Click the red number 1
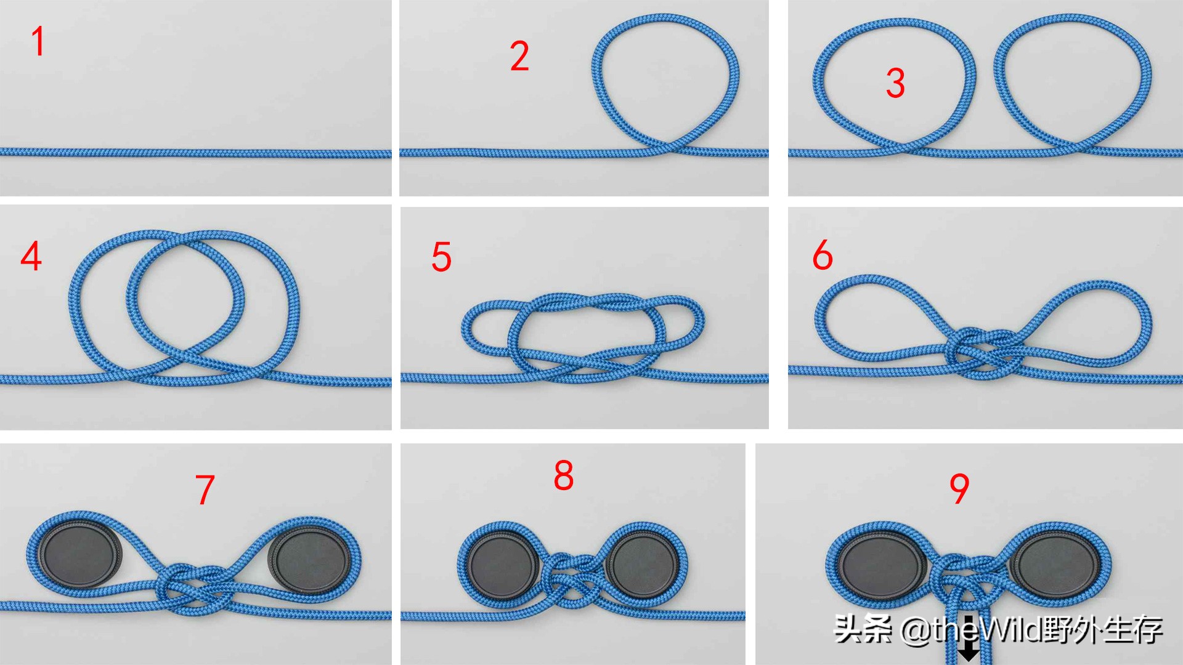point(38,41)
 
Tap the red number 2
point(519,56)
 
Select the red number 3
point(895,83)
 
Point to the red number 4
point(31,256)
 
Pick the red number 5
point(441,257)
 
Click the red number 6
point(823,255)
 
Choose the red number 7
point(205,490)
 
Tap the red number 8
point(564,475)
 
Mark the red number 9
point(959,489)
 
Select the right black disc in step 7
point(310,560)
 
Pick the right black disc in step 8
point(643,565)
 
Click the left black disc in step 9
point(882,565)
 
